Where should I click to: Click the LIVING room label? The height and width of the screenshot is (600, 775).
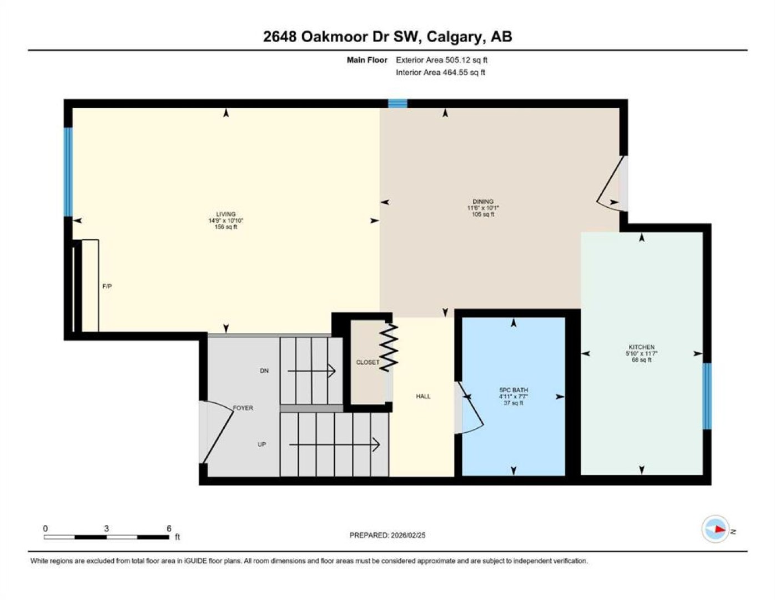tap(226, 214)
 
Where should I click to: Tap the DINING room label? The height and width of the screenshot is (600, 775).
tap(483, 201)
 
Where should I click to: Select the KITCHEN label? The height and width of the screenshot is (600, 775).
tap(641, 347)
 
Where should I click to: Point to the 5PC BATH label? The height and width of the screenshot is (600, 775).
tap(513, 390)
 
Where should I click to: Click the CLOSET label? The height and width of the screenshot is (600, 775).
tap(368, 362)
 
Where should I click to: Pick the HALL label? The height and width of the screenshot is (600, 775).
tap(423, 396)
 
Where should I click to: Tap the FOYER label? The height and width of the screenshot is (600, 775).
tap(243, 408)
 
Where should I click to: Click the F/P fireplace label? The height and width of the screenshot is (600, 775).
tap(107, 286)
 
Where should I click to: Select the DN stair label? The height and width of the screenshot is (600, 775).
tap(264, 371)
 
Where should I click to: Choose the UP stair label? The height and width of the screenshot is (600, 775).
tap(262, 444)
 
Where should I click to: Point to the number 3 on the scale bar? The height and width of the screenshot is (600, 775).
tap(106, 529)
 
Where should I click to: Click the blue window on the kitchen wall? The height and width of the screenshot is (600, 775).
tap(707, 396)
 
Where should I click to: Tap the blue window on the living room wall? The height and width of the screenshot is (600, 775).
tap(68, 172)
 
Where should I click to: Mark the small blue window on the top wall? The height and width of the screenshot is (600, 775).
tap(397, 103)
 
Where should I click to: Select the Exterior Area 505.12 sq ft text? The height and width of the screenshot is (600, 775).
tap(441, 60)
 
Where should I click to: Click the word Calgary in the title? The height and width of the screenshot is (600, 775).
tap(454, 37)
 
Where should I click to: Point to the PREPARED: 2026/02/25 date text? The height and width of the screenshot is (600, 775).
tap(387, 536)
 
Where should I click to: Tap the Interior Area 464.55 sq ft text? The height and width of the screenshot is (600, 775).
tap(440, 72)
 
